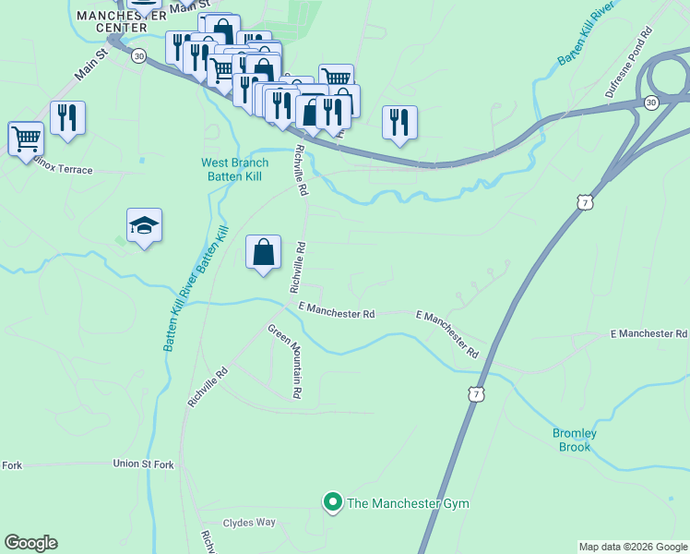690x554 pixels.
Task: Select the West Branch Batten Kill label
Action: coord(235,171)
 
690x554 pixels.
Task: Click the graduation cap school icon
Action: coord(145,226)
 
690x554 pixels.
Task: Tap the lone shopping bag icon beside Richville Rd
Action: coord(263,252)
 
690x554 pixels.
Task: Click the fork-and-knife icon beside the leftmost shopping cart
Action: coord(67,119)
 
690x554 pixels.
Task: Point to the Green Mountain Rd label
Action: coord(286,360)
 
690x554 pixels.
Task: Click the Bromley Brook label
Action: coord(576,440)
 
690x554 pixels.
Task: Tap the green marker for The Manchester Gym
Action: coord(332,502)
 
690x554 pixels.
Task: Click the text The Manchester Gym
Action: coord(408,503)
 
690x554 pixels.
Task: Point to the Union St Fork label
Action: coord(143,464)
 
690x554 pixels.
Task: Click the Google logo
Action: coord(30,543)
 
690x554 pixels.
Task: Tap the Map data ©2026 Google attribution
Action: coord(633,547)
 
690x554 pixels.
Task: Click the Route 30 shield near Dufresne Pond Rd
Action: coord(651,101)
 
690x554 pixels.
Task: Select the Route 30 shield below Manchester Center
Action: coord(138,55)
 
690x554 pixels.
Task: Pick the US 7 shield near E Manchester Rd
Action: coord(475,394)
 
